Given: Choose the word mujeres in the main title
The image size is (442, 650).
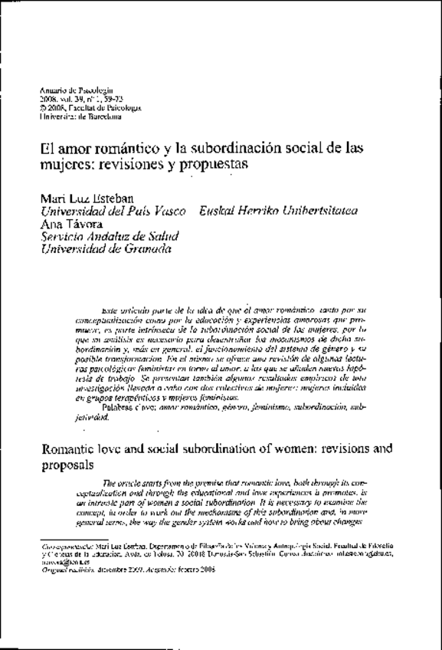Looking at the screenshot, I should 65,164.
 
